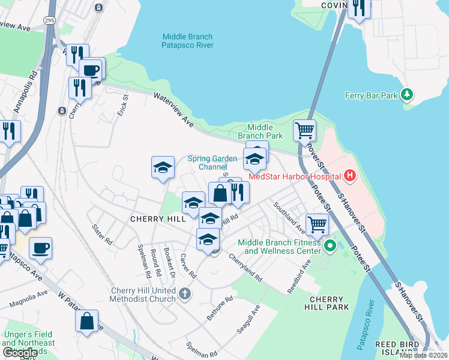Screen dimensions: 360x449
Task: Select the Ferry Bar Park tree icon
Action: tap(407, 95)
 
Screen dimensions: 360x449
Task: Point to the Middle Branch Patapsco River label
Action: tap(187, 40)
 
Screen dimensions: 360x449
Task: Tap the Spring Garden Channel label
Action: tap(212, 163)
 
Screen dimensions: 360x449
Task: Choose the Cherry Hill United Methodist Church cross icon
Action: tap(185, 294)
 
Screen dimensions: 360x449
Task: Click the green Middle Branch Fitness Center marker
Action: tap(330, 246)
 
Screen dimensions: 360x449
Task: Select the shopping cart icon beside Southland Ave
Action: tap(317, 224)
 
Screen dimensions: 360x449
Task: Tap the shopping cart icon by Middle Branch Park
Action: tap(304, 130)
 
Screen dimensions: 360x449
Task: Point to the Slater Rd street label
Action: tap(103, 235)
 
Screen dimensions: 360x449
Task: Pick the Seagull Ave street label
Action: tap(248, 319)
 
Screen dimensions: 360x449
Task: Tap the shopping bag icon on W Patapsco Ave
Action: tap(87, 320)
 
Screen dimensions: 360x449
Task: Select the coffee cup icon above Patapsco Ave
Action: tap(40, 248)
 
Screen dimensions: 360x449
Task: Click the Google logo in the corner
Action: tap(19, 353)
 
